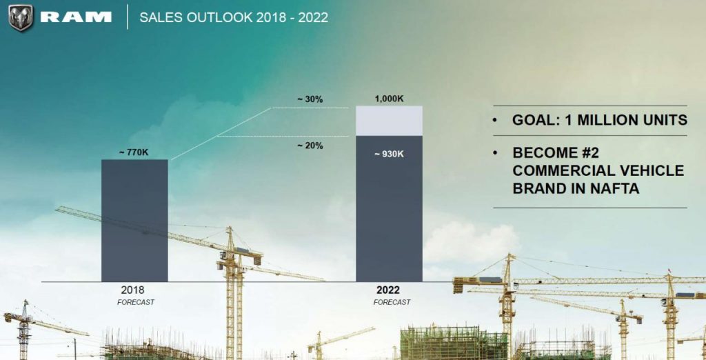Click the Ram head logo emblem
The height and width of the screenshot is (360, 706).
[x=20, y=17]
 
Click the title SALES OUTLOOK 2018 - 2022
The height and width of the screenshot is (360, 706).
[x=234, y=17]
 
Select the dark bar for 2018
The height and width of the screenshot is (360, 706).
[x=134, y=221]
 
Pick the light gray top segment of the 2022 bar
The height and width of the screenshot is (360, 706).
[x=389, y=121]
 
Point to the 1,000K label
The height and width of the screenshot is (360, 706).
[x=389, y=99]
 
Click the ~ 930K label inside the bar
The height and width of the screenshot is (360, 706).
[x=389, y=154]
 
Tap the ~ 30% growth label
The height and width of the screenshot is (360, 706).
[x=310, y=99]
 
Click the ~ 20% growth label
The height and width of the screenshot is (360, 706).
[x=310, y=146]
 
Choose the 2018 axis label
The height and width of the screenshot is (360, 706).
[x=133, y=290]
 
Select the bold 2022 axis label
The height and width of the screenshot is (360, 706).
[x=388, y=290]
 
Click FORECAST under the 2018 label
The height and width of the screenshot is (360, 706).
[x=136, y=302]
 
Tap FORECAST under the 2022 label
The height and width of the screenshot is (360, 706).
[x=392, y=302]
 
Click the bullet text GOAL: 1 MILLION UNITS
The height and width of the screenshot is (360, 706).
[x=599, y=120]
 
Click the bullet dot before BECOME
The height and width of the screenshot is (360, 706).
[x=496, y=153]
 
